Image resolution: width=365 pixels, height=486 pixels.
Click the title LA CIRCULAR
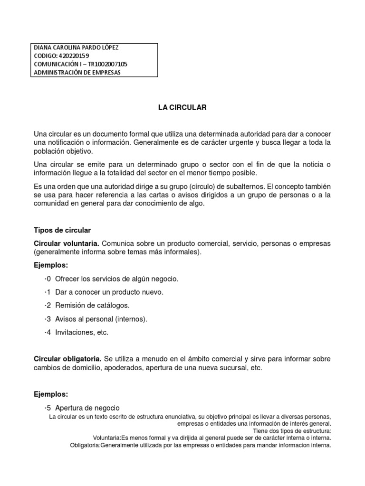tap(182, 108)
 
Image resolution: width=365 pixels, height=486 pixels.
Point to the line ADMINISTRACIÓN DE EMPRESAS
tap(77, 72)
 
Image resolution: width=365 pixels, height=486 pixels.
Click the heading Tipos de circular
tap(62, 231)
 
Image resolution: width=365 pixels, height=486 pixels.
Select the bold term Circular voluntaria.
tap(67, 243)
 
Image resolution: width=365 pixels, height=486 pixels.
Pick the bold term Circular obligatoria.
tap(67, 358)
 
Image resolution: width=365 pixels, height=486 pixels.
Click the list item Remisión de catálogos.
tap(92, 305)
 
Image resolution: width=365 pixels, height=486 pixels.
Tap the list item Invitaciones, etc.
tap(82, 332)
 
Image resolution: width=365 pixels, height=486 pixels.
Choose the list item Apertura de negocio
tap(87, 408)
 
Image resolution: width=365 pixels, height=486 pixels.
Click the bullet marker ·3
tap(48, 319)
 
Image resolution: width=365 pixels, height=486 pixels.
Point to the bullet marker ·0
tap(48, 278)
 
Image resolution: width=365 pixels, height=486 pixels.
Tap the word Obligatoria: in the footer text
tap(85, 446)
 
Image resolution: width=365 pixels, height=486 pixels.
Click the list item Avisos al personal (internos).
tap(101, 319)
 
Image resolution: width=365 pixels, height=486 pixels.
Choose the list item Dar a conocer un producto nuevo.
tap(106, 292)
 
